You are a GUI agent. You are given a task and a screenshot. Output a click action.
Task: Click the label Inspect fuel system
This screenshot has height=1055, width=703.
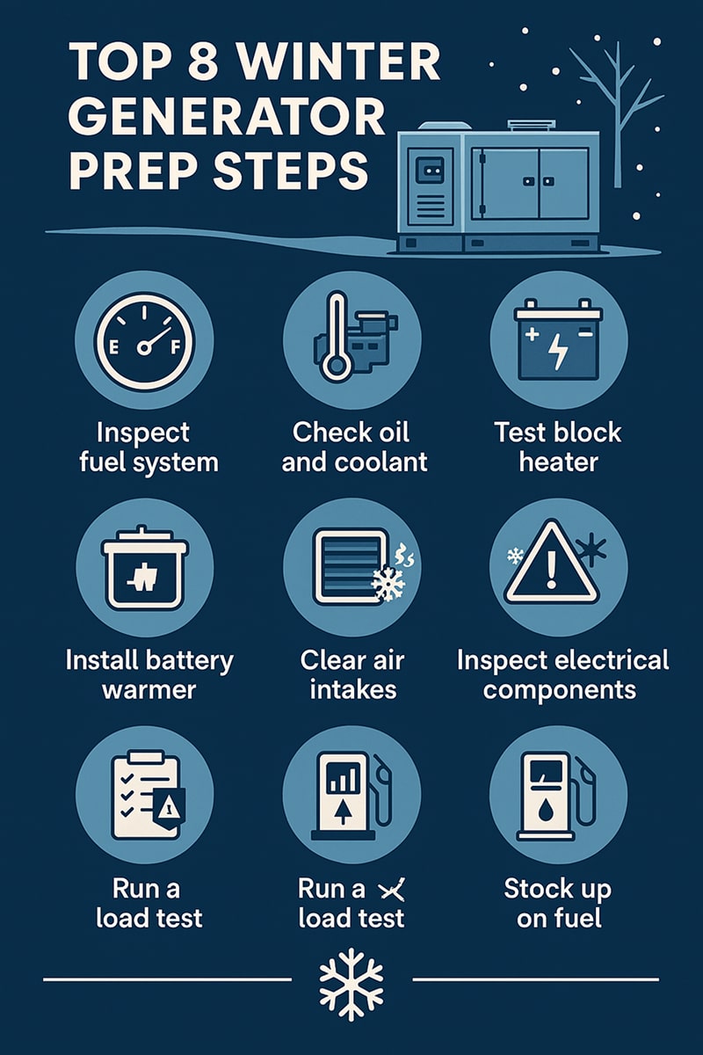tap(145, 447)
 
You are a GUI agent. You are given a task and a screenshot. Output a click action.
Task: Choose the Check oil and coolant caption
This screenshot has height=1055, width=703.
tap(351, 447)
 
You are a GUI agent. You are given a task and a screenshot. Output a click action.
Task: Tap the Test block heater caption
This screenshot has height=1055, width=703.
tap(558, 447)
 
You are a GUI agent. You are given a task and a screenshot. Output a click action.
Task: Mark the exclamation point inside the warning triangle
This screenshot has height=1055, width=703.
tap(552, 571)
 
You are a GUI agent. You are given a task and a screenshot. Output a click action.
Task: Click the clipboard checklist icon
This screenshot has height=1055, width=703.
tap(141, 795)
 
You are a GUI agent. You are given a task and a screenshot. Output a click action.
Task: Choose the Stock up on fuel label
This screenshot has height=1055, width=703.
tap(558, 903)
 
